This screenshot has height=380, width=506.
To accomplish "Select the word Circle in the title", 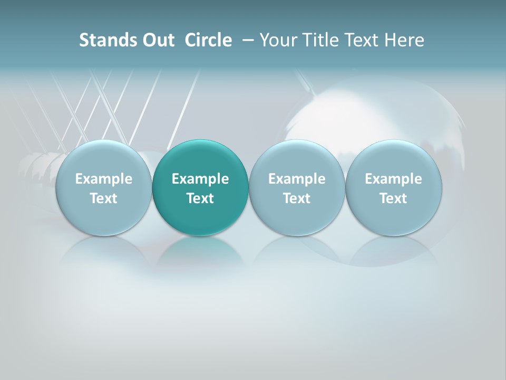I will (208, 40).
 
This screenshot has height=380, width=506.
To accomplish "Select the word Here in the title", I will (404, 40).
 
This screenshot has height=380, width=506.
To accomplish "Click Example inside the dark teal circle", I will (200, 179).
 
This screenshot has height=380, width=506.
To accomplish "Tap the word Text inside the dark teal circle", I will (200, 198).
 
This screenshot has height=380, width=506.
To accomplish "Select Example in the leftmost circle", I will (104, 179).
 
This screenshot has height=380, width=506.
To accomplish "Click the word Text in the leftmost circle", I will (104, 198).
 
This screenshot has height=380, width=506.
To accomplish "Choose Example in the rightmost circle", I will (393, 179).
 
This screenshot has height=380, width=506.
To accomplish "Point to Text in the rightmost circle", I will (393, 198).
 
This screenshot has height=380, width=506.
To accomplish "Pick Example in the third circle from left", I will (297, 179).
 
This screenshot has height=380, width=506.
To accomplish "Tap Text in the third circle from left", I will (297, 198).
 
